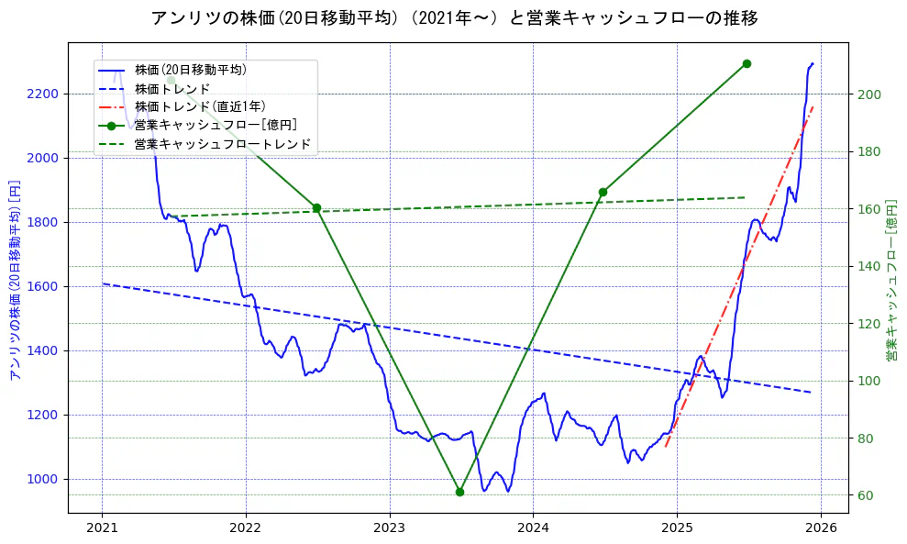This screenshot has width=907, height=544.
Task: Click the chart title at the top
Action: click(x=453, y=18)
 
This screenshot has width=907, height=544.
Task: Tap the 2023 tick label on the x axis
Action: click(x=390, y=528)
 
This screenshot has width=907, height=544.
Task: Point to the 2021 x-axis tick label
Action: click(x=102, y=528)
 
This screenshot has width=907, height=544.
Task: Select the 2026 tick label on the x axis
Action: click(x=821, y=528)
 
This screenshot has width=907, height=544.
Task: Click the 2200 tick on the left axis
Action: click(x=42, y=94)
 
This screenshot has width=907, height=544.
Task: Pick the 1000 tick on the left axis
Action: click(x=42, y=479)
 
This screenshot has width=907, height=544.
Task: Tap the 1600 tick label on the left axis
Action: click(x=42, y=286)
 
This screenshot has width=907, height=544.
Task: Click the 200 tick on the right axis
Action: click(x=869, y=94)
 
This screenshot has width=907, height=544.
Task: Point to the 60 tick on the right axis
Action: click(x=866, y=495)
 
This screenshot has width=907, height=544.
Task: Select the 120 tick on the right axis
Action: click(x=869, y=324)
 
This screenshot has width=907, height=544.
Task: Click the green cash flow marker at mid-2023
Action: click(x=459, y=492)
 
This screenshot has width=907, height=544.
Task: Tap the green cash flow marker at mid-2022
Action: click(x=316, y=208)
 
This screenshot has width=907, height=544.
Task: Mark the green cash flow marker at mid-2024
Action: click(x=603, y=193)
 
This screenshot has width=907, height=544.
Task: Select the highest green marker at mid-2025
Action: click(x=747, y=63)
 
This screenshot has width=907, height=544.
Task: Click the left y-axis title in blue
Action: click(x=14, y=280)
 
